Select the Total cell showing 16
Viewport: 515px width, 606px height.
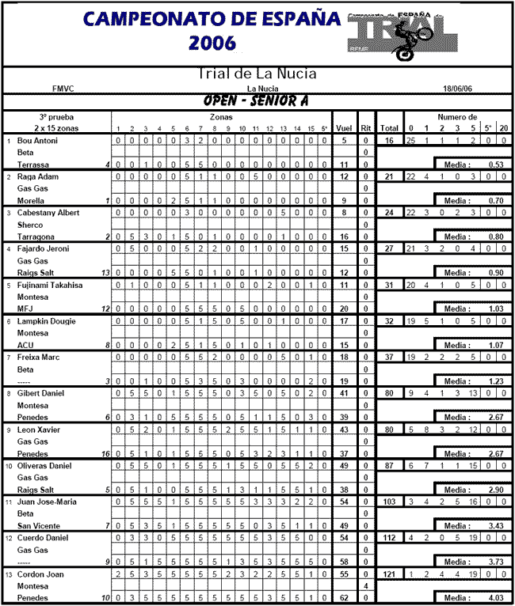pyautogui.click(x=390, y=140)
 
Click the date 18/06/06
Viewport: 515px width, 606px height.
pyautogui.click(x=462, y=89)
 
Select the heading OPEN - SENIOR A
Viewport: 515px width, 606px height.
pyautogui.click(x=257, y=101)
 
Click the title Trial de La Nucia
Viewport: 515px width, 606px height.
pyautogui.click(x=257, y=74)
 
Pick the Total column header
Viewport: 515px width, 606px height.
pyautogui.click(x=389, y=127)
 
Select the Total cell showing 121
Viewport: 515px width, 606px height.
pyautogui.click(x=389, y=574)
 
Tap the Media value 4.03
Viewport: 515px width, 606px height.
pyautogui.click(x=497, y=597)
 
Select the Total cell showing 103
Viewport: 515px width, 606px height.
pyautogui.click(x=389, y=502)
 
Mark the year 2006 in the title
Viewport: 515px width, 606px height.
pyautogui.click(x=212, y=43)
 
